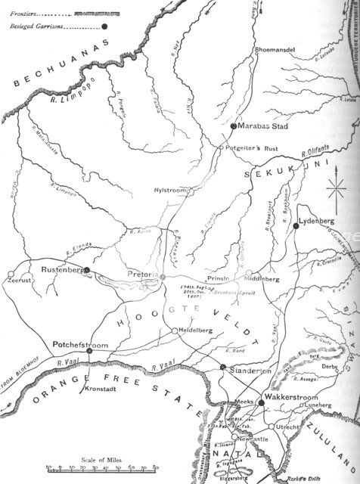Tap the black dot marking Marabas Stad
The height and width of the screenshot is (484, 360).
point(234,146)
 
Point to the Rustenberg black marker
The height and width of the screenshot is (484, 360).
point(87,269)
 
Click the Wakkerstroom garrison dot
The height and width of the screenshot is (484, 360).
point(262,402)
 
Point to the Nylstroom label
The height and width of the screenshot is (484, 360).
point(168,190)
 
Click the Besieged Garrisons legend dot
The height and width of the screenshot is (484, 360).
point(105,26)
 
